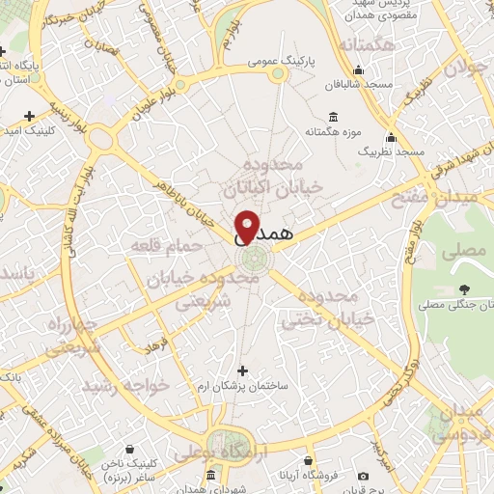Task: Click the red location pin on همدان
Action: pyautogui.click(x=247, y=226)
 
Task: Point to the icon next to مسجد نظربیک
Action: pyautogui.click(x=390, y=136)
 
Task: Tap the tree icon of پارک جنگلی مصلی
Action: pyautogui.click(x=464, y=288)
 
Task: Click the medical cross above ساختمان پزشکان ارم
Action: pyautogui.click(x=242, y=370)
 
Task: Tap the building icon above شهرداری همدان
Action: pyautogui.click(x=211, y=476)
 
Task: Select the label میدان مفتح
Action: pyautogui.click(x=459, y=200)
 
